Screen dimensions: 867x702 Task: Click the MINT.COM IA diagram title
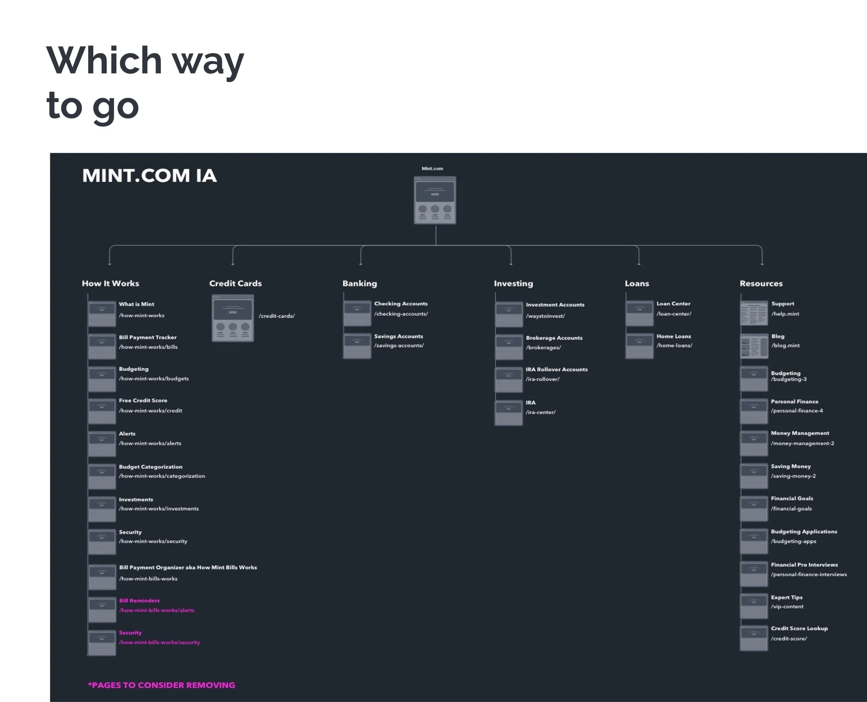pos(149,175)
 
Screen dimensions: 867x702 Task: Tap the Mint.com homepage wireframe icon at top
pos(435,200)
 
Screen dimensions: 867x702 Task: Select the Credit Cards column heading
pos(235,283)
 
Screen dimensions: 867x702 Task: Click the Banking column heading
pos(360,283)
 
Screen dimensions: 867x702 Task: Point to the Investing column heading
pos(513,283)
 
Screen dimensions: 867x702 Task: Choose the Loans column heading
pos(637,283)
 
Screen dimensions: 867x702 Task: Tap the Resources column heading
pos(761,283)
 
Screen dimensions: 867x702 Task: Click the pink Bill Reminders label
pos(139,600)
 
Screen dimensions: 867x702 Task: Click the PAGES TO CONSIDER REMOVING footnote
pos(162,685)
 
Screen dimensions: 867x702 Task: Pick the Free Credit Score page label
pos(143,400)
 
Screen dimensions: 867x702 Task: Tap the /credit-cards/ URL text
pos(277,316)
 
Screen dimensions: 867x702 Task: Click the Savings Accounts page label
pos(398,336)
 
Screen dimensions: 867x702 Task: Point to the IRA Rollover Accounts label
pos(556,370)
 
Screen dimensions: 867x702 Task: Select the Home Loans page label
pos(673,336)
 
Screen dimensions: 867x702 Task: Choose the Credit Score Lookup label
pos(799,628)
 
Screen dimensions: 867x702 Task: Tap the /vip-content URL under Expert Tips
pos(787,607)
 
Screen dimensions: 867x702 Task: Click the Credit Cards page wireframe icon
pos(233,318)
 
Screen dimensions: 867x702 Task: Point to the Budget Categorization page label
pos(151,467)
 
